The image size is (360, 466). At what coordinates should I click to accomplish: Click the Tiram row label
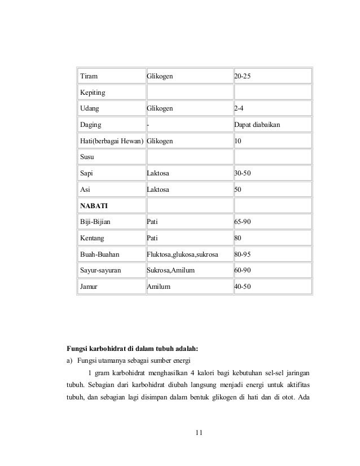click(x=87, y=76)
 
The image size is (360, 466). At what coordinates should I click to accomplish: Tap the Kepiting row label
click(x=92, y=92)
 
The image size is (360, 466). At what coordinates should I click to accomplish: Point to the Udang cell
click(x=89, y=108)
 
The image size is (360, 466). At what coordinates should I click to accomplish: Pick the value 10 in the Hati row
click(x=238, y=140)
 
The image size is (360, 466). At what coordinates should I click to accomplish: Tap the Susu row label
click(x=87, y=157)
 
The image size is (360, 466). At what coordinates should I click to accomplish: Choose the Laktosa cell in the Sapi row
click(x=158, y=173)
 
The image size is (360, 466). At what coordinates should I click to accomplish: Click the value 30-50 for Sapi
click(x=243, y=173)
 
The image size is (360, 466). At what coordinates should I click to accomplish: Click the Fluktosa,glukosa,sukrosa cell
click(x=182, y=254)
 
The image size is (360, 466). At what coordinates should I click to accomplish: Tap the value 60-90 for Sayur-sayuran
click(x=243, y=271)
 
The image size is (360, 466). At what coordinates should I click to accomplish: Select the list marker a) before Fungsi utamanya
click(x=71, y=360)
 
